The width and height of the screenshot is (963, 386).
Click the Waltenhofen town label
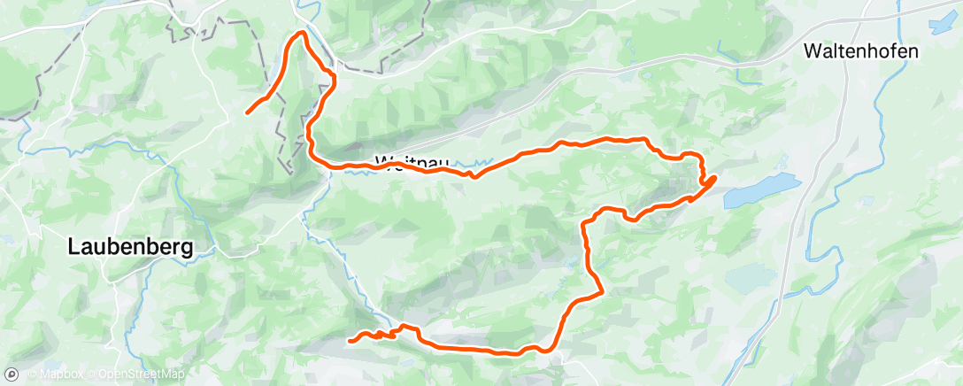(x=860, y=51)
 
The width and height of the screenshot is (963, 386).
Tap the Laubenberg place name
(x=130, y=249)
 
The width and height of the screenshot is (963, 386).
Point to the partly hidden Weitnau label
(x=412, y=163)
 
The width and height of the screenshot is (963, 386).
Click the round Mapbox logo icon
(x=12, y=374)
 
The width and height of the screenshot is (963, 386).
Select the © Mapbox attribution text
(x=50, y=375)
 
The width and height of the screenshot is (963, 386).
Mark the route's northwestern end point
(x=247, y=112)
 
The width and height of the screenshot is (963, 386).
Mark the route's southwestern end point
(x=351, y=340)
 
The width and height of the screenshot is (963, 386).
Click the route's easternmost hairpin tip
(x=713, y=179)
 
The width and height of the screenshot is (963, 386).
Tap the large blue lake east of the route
(x=763, y=190)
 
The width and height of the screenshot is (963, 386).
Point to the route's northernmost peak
(x=302, y=33)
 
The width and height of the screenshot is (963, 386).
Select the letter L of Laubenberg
(x=73, y=249)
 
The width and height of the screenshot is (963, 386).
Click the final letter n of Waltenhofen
(x=913, y=51)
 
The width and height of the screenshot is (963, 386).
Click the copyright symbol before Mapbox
(x=31, y=375)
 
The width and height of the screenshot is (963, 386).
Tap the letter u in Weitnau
(x=444, y=163)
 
